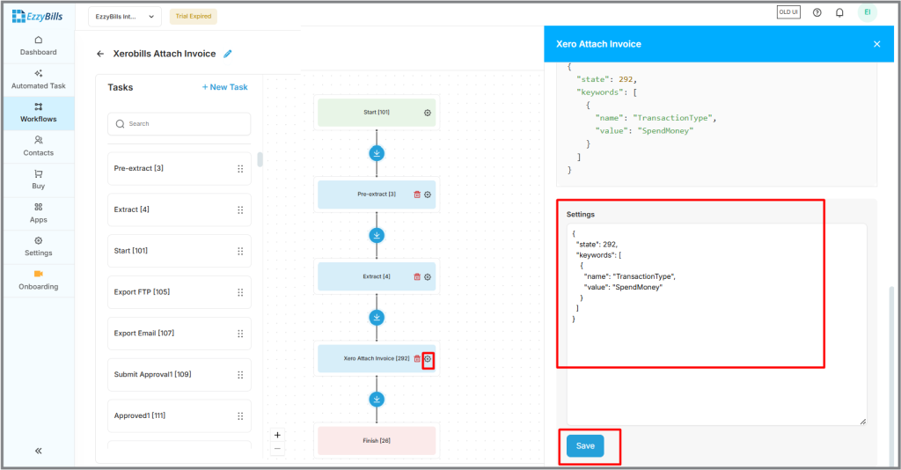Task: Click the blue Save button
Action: (x=585, y=446)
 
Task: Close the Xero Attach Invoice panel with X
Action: (x=877, y=44)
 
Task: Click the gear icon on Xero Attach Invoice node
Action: (x=428, y=359)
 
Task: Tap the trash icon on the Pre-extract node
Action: (x=417, y=195)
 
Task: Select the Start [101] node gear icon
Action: (x=428, y=113)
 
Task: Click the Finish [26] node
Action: (x=377, y=441)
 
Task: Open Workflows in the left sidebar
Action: (x=39, y=113)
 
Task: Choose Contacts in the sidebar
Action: (x=39, y=146)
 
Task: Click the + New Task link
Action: (x=224, y=87)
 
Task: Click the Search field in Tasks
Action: (x=179, y=124)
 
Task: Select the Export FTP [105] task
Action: (x=179, y=292)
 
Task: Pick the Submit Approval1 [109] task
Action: (x=179, y=375)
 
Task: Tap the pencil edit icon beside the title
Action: (x=228, y=54)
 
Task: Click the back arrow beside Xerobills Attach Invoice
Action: (x=100, y=54)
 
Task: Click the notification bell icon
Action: (x=839, y=12)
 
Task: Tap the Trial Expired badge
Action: (x=193, y=17)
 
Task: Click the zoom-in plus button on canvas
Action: (x=277, y=435)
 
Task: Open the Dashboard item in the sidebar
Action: (x=39, y=46)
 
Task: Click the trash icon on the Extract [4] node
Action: (x=417, y=277)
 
